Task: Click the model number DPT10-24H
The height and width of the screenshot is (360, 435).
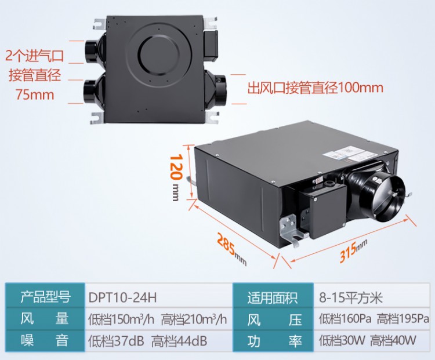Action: tap(122, 297)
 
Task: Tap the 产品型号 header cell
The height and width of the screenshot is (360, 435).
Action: tap(45, 296)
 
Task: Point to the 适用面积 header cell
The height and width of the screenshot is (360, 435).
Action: tap(273, 296)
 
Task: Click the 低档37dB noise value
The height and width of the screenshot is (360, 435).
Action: tap(116, 341)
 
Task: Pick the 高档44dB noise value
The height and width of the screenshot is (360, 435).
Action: tap(179, 341)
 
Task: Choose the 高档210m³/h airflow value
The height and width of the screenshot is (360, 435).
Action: tap(194, 319)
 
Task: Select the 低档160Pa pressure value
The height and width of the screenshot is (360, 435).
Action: tap(345, 319)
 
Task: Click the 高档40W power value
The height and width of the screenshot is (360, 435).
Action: tap(393, 340)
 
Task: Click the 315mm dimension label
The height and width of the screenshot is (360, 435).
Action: tap(353, 250)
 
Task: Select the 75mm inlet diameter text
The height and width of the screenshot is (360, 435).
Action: tap(35, 95)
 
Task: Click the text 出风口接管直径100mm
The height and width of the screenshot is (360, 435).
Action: tap(315, 88)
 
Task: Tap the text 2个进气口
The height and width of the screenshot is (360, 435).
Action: tap(35, 56)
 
